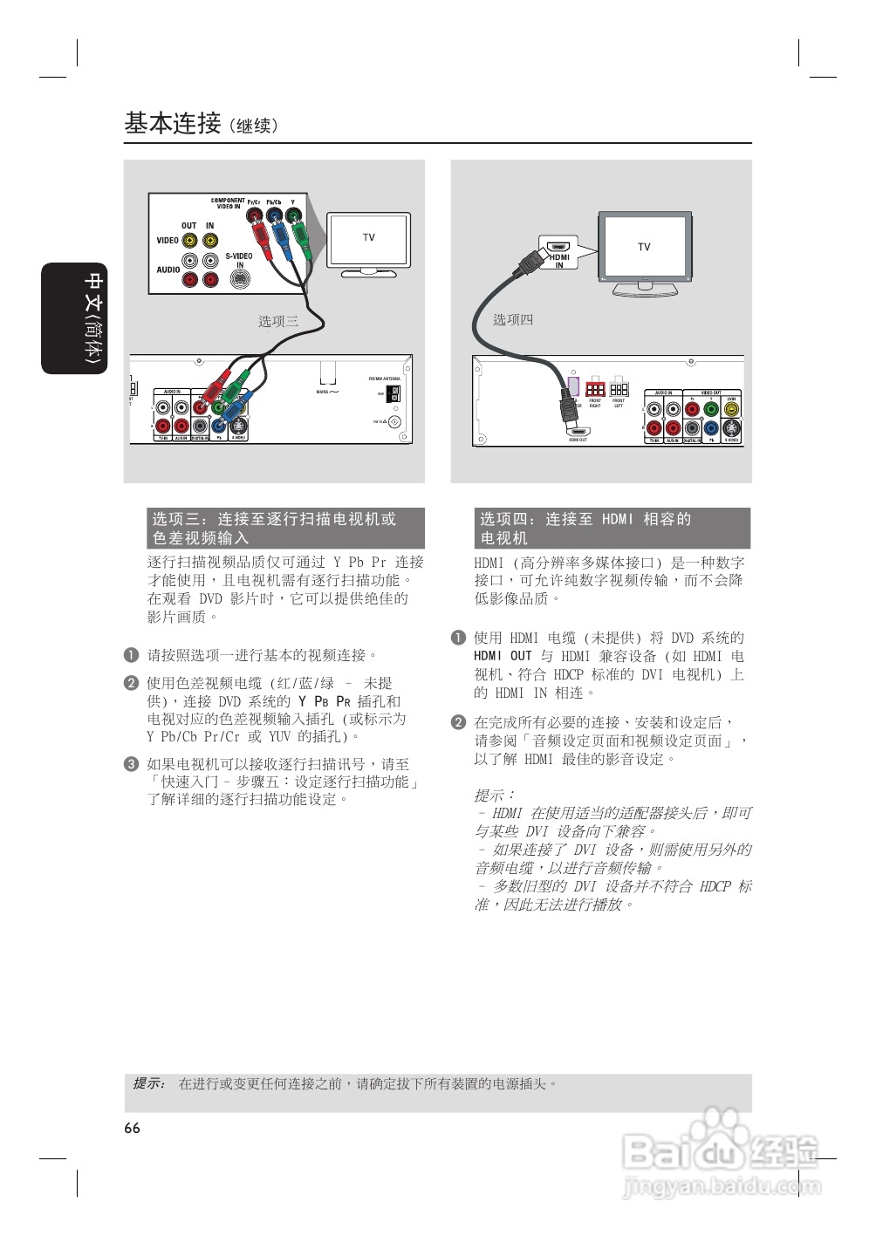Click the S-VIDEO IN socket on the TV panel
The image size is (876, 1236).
[239, 279]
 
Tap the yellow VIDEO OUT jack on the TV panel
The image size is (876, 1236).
[188, 241]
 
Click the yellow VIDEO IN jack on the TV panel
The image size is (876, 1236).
[210, 241]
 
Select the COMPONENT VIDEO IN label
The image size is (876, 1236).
[228, 203]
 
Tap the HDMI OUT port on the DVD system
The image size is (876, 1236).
[578, 432]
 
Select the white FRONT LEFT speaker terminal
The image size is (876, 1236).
[619, 389]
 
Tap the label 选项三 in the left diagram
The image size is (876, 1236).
[278, 321]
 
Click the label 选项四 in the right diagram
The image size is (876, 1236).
[512, 319]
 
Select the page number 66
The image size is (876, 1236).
[132, 1128]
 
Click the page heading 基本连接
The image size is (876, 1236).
[173, 124]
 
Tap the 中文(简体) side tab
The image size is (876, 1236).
[74, 318]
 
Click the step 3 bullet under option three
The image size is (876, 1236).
[131, 764]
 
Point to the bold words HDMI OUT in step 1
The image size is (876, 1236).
[503, 656]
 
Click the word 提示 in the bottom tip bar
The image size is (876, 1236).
[147, 1083]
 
